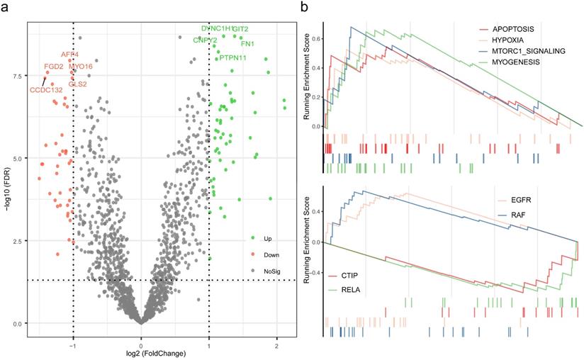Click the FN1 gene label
(248, 45)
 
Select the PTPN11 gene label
(232, 58)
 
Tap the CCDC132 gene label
(46, 90)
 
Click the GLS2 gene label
(78, 84)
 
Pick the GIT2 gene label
(240, 29)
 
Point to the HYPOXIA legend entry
(505, 40)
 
